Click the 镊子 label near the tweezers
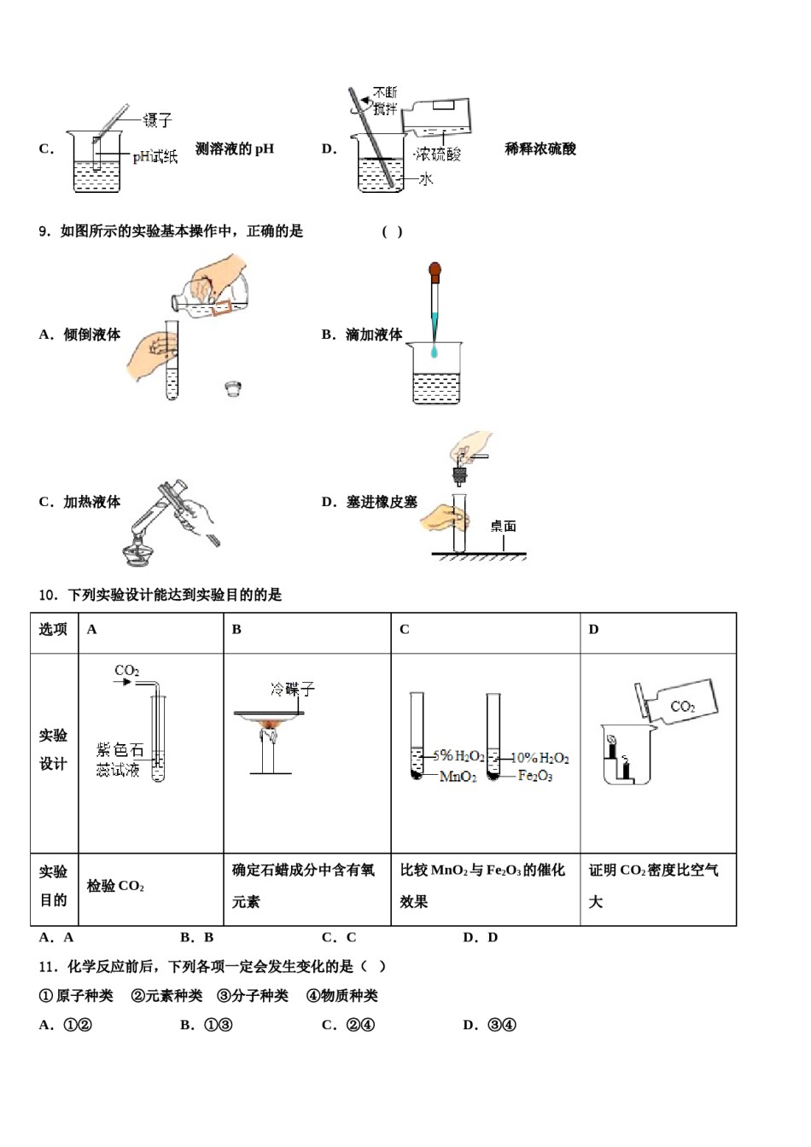pyautogui.click(x=158, y=120)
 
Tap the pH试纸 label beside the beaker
pyautogui.click(x=155, y=156)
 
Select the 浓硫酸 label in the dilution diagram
pyautogui.click(x=438, y=154)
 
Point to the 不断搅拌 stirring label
pyautogui.click(x=385, y=101)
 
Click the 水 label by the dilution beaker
pyautogui.click(x=425, y=179)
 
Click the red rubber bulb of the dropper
pyautogui.click(x=435, y=272)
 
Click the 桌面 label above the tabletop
pyautogui.click(x=503, y=527)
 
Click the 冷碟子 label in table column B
pyautogui.click(x=293, y=689)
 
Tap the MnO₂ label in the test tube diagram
pyautogui.click(x=458, y=777)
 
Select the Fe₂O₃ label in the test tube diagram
pyautogui.click(x=535, y=776)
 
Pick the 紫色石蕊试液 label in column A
pyautogui.click(x=119, y=760)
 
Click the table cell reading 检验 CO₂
pyautogui.click(x=115, y=887)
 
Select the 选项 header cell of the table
pyautogui.click(x=53, y=630)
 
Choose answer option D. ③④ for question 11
pyautogui.click(x=490, y=1025)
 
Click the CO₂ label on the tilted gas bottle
pyautogui.click(x=683, y=707)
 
